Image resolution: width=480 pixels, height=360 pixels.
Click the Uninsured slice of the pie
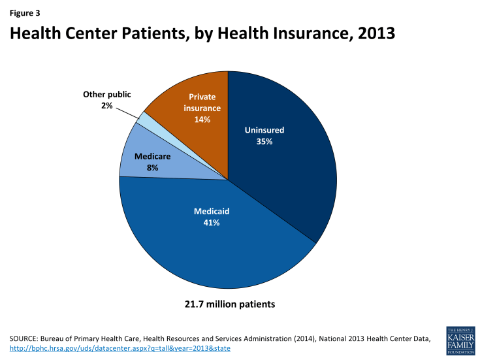coord(287,163)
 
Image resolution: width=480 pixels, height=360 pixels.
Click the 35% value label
coord(264,141)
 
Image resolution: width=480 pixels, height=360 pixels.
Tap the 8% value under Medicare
coord(152,167)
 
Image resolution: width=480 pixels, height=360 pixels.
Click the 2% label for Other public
coord(106,105)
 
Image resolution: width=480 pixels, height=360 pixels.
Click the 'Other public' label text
coord(106,95)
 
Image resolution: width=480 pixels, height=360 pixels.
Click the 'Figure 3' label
coord(23,11)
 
